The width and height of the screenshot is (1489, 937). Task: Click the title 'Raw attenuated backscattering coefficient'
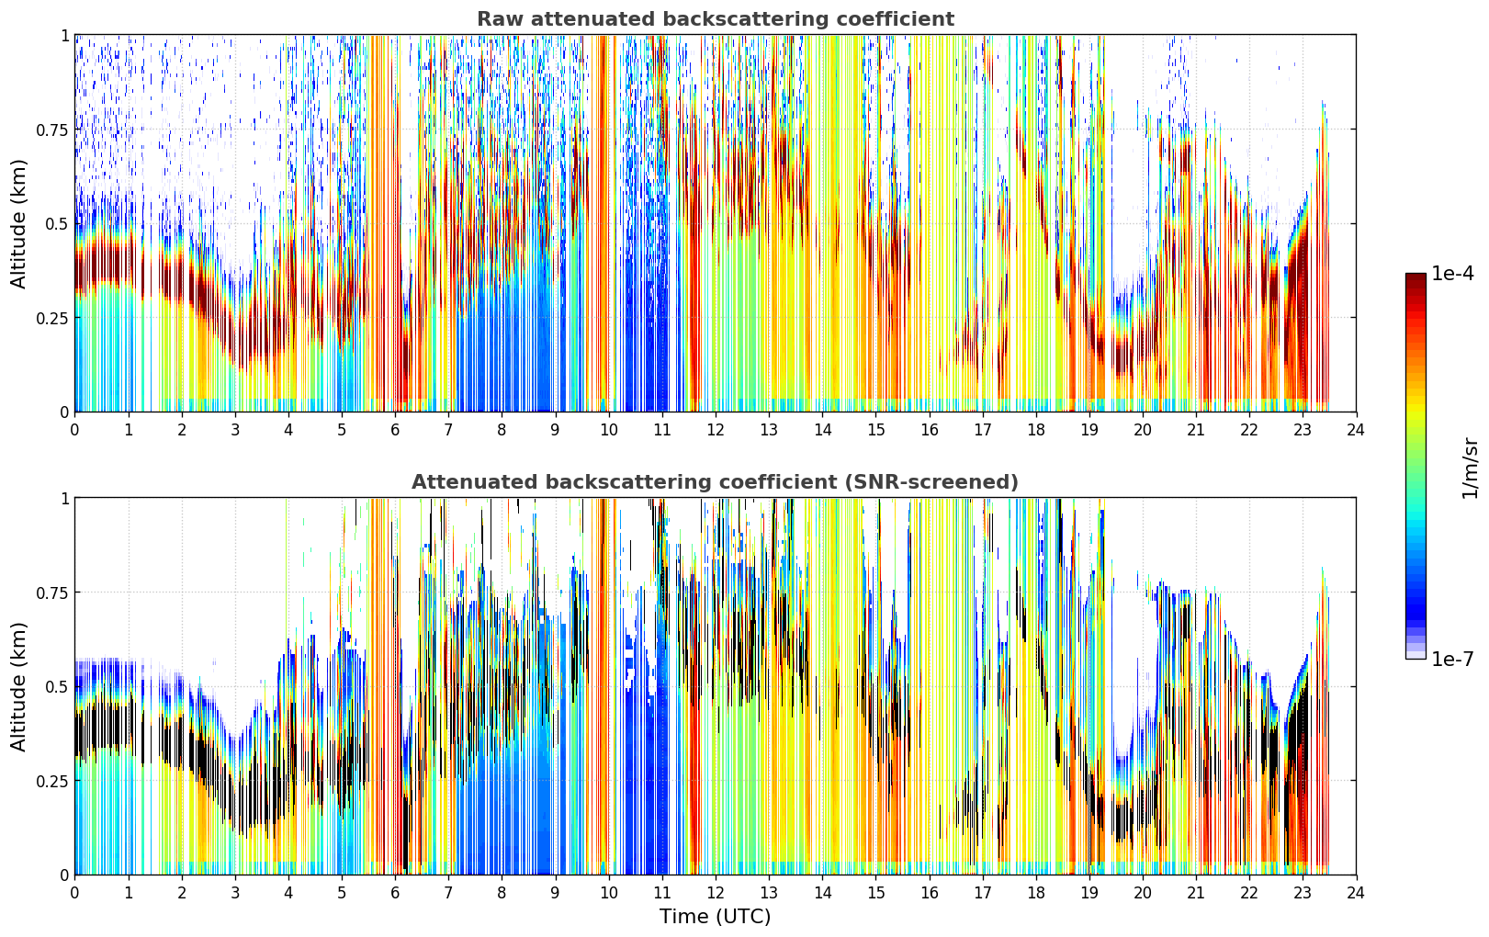pyautogui.click(x=716, y=18)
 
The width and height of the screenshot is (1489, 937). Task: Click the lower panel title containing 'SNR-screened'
pyautogui.click(x=716, y=481)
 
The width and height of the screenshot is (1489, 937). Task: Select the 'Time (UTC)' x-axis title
pyautogui.click(x=716, y=917)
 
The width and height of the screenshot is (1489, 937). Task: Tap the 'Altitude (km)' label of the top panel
pyautogui.click(x=18, y=223)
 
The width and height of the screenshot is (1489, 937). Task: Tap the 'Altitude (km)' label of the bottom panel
pyautogui.click(x=18, y=686)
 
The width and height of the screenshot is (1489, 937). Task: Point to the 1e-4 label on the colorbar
pyautogui.click(x=1452, y=274)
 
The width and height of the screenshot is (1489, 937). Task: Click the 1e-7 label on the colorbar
pyautogui.click(x=1452, y=660)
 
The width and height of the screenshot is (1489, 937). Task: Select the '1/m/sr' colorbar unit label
pyautogui.click(x=1470, y=468)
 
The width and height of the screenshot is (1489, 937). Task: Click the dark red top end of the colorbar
pyautogui.click(x=1416, y=277)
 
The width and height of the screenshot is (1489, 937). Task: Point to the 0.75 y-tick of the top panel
pyautogui.click(x=51, y=130)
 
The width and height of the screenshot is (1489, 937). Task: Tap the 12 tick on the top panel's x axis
pyautogui.click(x=716, y=430)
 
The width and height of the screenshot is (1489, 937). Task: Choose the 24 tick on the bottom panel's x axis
pyautogui.click(x=1356, y=893)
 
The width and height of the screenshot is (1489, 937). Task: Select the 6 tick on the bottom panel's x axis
pyautogui.click(x=395, y=893)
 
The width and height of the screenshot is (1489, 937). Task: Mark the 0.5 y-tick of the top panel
pyautogui.click(x=57, y=224)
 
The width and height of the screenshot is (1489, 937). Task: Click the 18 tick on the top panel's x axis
pyautogui.click(x=1035, y=430)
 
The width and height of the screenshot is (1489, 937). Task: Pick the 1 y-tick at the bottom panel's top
pyautogui.click(x=65, y=499)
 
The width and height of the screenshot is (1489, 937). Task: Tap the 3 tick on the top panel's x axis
pyautogui.click(x=234, y=430)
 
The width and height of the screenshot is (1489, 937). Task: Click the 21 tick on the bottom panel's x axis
pyautogui.click(x=1196, y=893)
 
